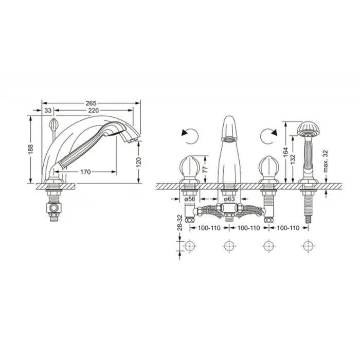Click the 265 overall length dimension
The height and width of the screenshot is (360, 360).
pos(91,103)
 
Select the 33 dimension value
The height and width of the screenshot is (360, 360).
pos(48,111)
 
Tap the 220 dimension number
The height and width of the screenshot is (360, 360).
pos(94,111)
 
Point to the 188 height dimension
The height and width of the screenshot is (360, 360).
pos(30,149)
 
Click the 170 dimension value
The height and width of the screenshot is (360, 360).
pos(85,172)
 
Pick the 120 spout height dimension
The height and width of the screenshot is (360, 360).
pos(139,163)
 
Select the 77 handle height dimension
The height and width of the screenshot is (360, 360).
pos(205,169)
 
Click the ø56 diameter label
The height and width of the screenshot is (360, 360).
pos(190,199)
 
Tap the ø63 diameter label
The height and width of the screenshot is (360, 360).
pos(229,199)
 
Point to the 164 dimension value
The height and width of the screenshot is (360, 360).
pos(285,152)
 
